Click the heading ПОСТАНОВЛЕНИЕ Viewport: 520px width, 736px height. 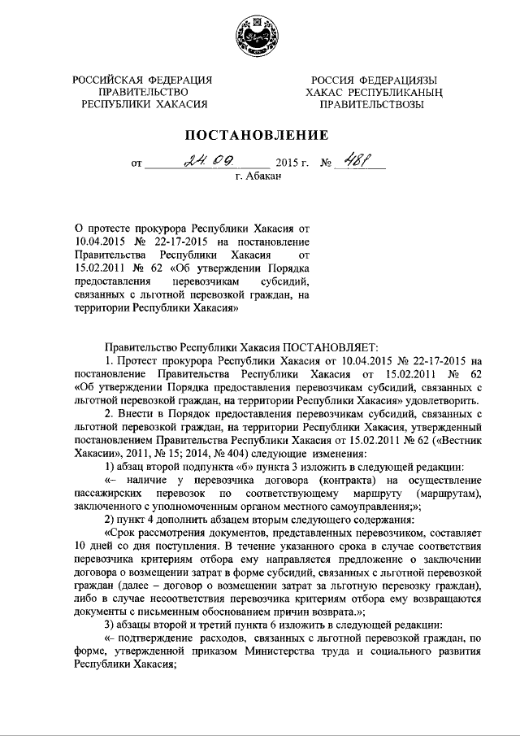coord(259,134)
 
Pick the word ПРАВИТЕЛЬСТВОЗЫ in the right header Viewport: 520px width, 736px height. coord(370,105)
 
